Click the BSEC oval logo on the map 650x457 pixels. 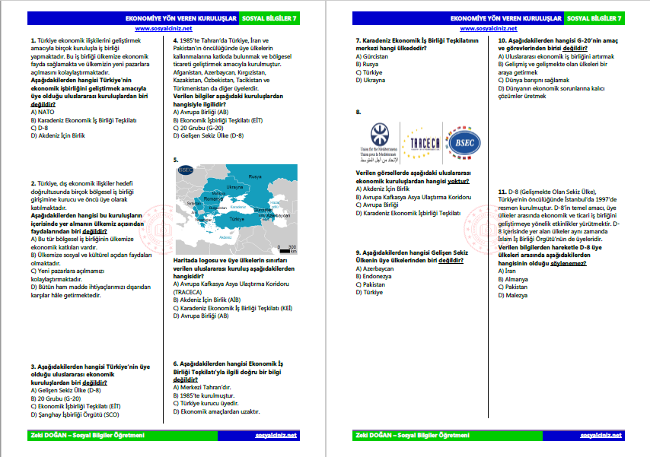185,170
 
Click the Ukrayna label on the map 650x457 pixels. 234,186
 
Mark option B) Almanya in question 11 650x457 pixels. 515,278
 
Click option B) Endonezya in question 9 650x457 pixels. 377,277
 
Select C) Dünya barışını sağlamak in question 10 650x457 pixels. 533,80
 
